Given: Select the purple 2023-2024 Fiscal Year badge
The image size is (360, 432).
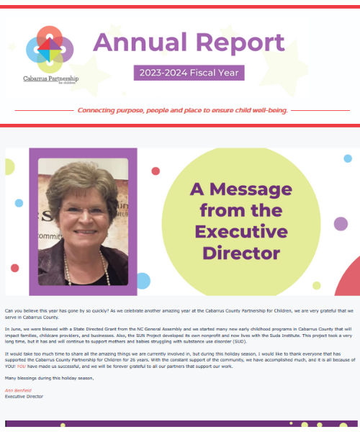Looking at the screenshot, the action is [189, 73].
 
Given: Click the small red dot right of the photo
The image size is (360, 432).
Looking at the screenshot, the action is [156, 171].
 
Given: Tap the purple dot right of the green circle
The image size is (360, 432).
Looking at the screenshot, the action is [341, 223].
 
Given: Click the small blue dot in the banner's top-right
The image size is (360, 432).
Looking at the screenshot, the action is [348, 158].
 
